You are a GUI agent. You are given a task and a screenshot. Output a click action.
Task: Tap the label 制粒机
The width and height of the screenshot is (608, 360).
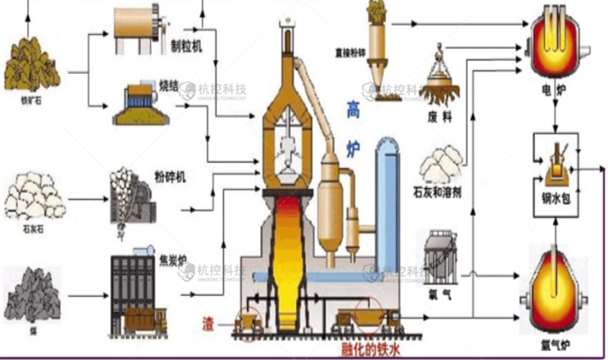coord(186,47)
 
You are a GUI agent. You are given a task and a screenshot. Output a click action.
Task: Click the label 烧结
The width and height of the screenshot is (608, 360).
coord(168,87)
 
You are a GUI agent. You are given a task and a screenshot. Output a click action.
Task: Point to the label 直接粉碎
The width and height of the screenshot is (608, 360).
coord(345,53)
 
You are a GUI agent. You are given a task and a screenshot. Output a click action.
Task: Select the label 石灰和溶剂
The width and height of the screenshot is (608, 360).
coord(436,189)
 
